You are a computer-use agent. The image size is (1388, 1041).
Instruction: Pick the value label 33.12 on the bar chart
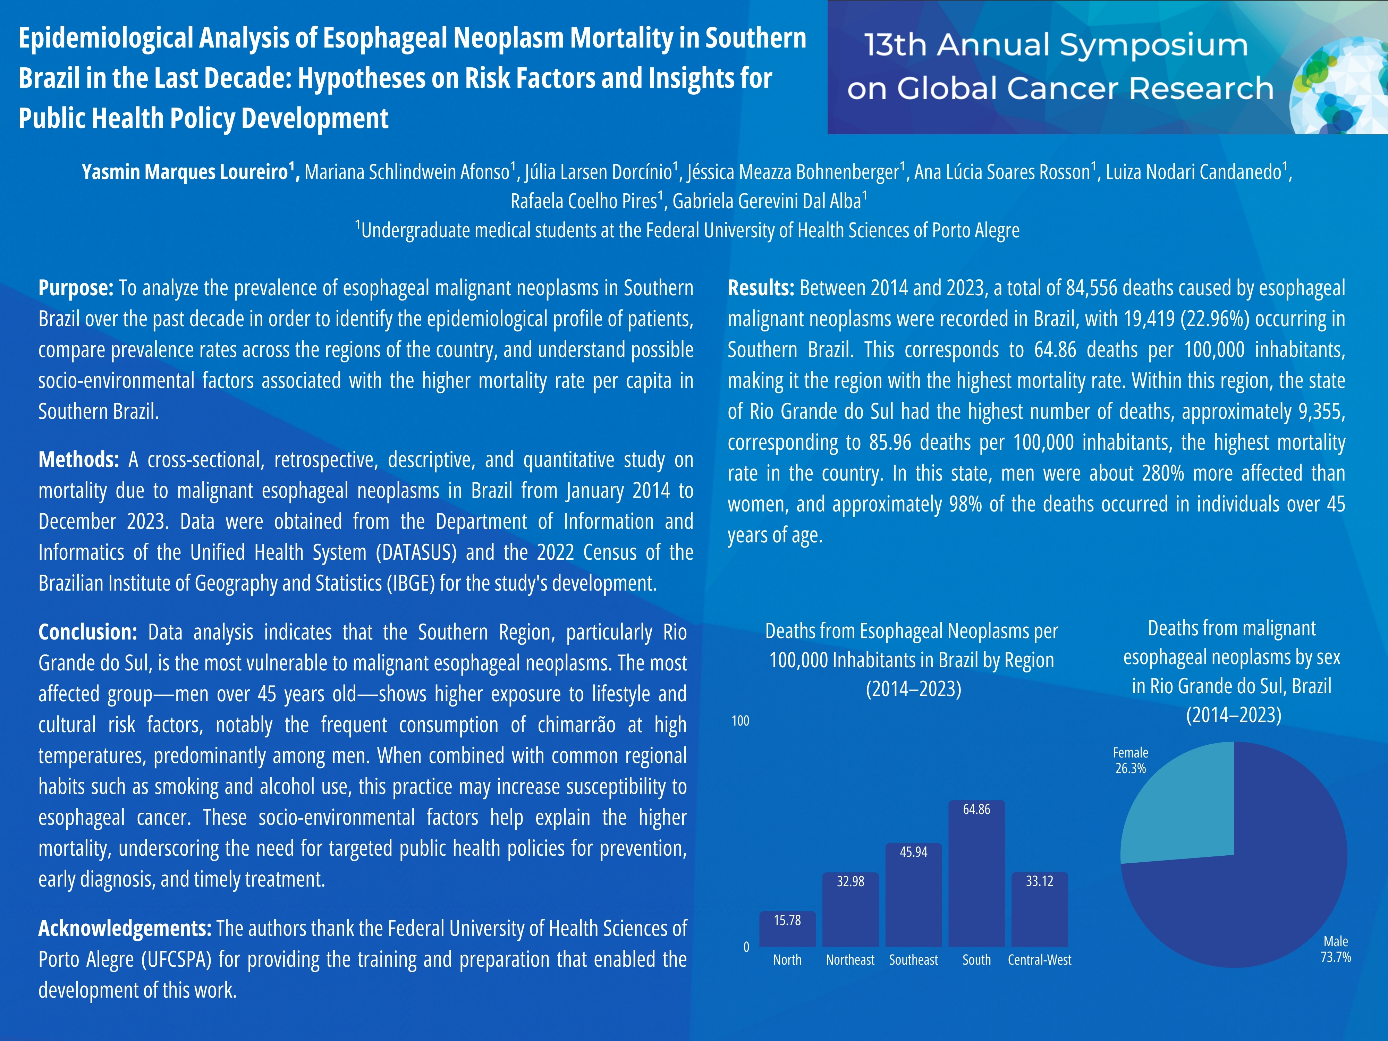tap(1039, 881)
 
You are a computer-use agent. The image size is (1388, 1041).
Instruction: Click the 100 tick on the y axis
tap(740, 720)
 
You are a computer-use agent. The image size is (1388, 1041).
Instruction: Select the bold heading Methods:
tap(78, 460)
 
